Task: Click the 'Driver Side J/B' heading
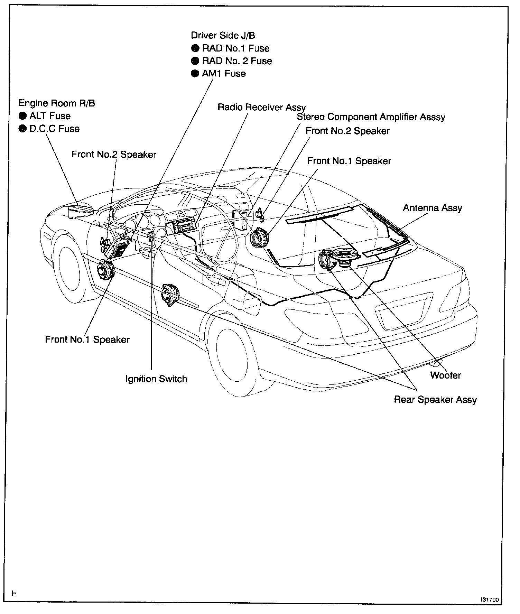pos(223,35)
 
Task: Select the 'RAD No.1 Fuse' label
pos(236,48)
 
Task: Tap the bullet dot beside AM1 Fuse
pos(195,74)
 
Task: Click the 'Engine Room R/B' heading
pos(57,103)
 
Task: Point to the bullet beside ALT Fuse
pos(23,116)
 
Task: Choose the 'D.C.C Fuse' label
pos(55,129)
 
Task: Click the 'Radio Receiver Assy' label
pos(262,108)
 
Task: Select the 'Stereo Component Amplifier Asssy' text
pos(371,117)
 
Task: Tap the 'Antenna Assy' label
pos(432,208)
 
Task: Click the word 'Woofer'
pos(445,375)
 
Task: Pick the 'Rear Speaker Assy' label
pos(435,400)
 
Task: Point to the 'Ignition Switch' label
pos(156,379)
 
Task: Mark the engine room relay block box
pos(80,210)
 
